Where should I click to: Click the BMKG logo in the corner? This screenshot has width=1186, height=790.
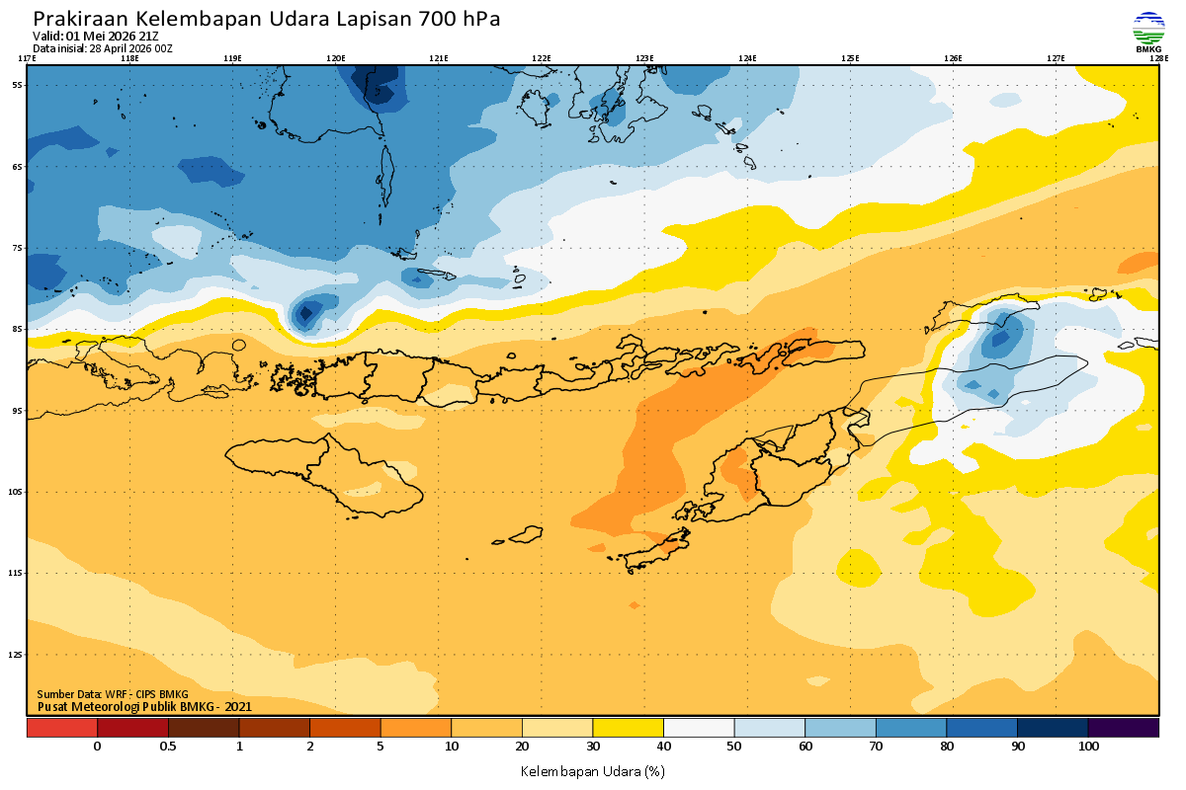pos(1148,32)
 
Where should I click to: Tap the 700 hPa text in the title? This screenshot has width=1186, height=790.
pos(460,19)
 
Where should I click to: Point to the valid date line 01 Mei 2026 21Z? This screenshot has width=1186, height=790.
pos(96,37)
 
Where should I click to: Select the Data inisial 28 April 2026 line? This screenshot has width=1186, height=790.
pos(103,48)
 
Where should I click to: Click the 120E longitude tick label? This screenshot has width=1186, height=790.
pos(336,58)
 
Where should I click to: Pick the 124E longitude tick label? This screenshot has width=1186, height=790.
pos(747,58)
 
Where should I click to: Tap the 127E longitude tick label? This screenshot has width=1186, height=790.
pos(1056,58)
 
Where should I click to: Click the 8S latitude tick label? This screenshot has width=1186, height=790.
pos(18,329)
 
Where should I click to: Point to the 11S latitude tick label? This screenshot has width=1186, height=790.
pos(18,573)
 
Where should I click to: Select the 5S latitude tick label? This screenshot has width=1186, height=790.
pos(18,85)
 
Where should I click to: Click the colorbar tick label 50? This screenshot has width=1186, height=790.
pos(734,747)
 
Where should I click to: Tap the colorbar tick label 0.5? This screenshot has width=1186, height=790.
pos(168,747)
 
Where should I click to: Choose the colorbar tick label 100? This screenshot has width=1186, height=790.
pos(1088,747)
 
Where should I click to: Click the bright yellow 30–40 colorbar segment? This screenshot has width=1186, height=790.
pos(628,728)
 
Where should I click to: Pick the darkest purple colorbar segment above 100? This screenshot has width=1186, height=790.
pos(1123,728)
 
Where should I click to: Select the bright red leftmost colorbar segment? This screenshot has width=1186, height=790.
pos(61,728)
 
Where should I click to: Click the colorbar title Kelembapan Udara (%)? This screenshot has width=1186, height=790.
pos(592,770)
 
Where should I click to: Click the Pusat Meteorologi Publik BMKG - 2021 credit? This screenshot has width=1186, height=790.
pos(144,706)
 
